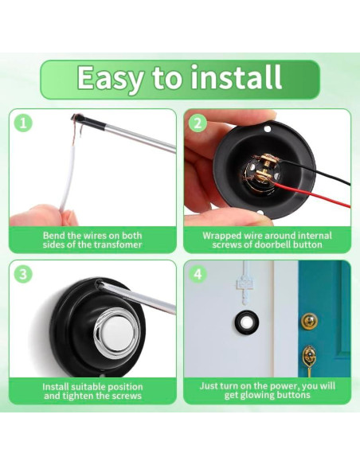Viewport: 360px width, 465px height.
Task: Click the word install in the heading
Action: [x=236, y=78]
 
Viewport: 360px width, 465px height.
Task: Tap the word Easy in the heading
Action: [x=110, y=79]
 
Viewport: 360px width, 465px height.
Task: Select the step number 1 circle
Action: [x=23, y=123]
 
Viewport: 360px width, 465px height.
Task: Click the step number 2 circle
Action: [x=198, y=123]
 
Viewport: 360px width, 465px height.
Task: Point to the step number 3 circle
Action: [x=23, y=274]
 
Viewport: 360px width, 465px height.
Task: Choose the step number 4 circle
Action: [x=198, y=274]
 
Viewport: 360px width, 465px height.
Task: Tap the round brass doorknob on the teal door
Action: [x=309, y=320]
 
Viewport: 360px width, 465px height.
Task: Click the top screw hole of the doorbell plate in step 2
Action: [x=268, y=129]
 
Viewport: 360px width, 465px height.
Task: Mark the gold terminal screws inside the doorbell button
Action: [x=265, y=168]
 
